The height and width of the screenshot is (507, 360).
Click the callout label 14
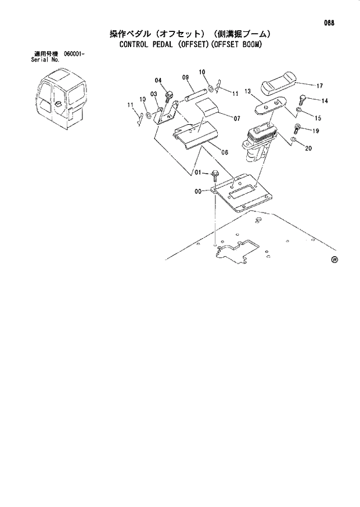324,101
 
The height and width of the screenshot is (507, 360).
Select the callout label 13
247,91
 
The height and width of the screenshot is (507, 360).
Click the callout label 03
154,94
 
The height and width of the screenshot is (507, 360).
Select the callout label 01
197,172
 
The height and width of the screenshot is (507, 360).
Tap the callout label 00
198,191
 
